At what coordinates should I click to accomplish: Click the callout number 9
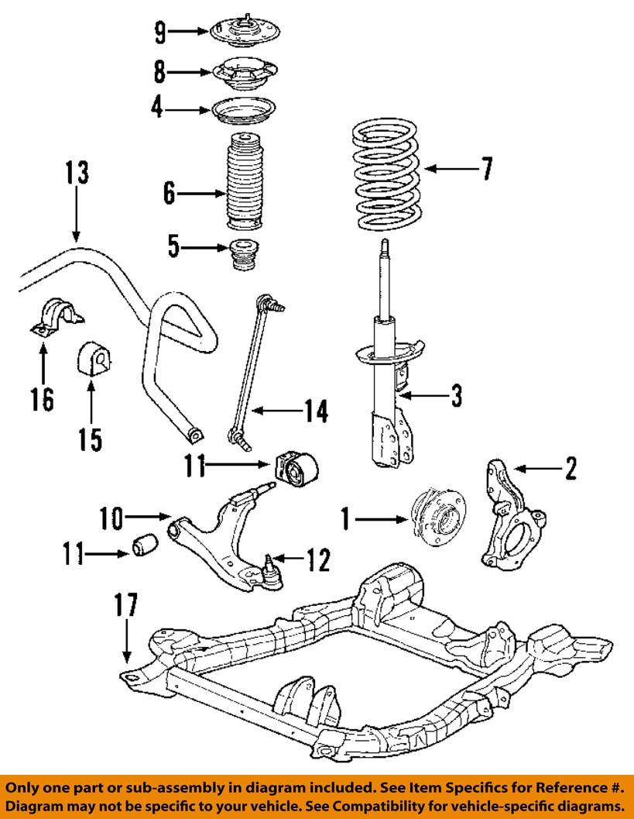[x=159, y=32]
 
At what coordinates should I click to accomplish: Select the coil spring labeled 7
[x=385, y=175]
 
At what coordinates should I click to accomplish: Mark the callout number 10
[x=111, y=518]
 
